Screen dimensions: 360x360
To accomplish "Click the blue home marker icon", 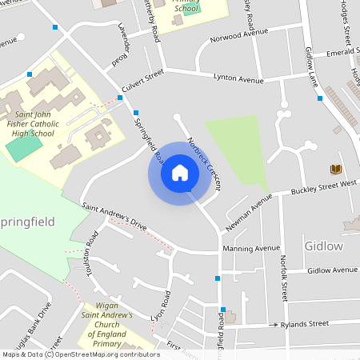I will point(179,173).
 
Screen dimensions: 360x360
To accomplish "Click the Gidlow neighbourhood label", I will point(323,246).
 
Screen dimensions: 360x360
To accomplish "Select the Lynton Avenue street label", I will point(238,80).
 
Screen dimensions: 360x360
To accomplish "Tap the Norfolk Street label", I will point(283,277).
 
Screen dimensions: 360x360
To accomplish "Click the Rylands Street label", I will point(304,324).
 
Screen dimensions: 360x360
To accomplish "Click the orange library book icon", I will point(335,169).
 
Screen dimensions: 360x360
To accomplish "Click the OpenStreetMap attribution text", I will point(81,354).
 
